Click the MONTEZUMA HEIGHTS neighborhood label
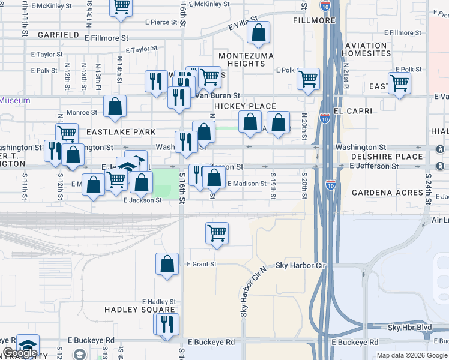pyautogui.click(x=246, y=59)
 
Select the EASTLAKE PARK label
pyautogui.click(x=121, y=131)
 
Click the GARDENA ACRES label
pyautogui.click(x=385, y=193)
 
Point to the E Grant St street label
pyautogui.click(x=201, y=264)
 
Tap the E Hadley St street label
pyautogui.click(x=158, y=302)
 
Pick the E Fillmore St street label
pyautogui.click(x=106, y=38)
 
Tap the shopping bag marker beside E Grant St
pyautogui.click(x=167, y=264)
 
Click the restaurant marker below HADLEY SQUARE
pyautogui.click(x=166, y=324)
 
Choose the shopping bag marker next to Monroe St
pyautogui.click(x=115, y=106)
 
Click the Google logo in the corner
pyautogui.click(x=19, y=353)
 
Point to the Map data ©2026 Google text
pyautogui.click(x=412, y=355)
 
